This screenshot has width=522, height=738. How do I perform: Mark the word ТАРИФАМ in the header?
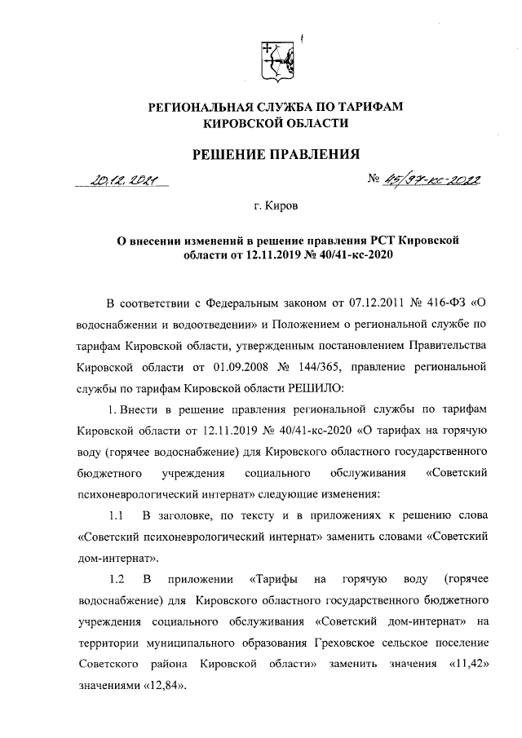tap(369, 107)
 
